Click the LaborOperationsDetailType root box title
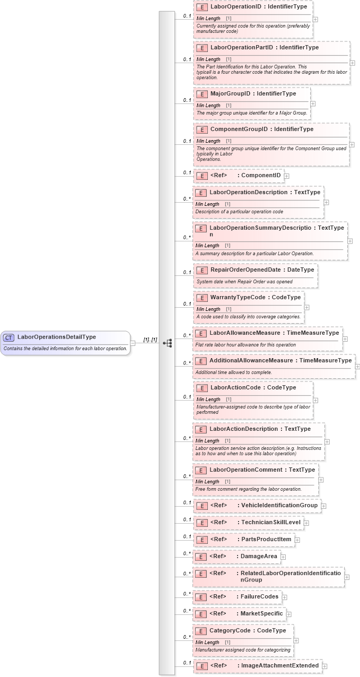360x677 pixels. click(56, 337)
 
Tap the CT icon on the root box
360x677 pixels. click(9, 337)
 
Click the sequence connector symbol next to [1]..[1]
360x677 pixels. click(168, 343)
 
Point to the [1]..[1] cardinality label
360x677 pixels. click(150, 340)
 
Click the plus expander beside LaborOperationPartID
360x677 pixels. click(352, 63)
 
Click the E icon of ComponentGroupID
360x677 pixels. click(201, 129)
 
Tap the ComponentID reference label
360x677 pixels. click(261, 176)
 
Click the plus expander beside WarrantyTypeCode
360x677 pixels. click(307, 307)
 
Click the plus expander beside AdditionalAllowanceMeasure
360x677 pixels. click(357, 366)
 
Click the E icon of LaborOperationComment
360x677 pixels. click(200, 471)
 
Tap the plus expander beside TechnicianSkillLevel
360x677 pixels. click(306, 523)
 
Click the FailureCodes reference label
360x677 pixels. click(259, 597)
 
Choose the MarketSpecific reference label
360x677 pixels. click(261, 614)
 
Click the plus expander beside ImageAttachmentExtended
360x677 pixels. click(324, 666)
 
